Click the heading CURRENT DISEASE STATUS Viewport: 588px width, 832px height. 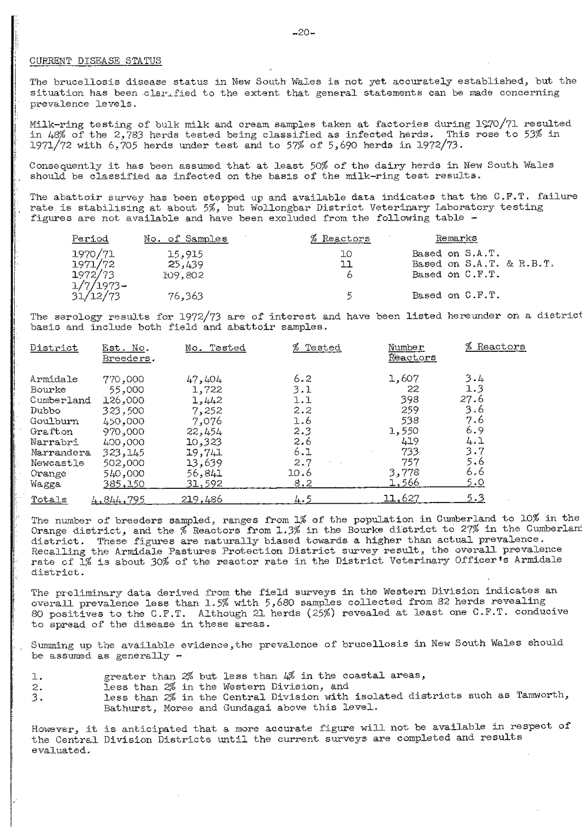coord(95,61)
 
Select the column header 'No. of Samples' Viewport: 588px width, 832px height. coord(186,239)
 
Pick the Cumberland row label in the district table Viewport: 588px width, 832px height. coord(60,400)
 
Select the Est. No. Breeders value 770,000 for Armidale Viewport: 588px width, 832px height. coord(123,380)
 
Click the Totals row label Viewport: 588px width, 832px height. coord(48,500)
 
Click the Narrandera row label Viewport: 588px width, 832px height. coord(60,452)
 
